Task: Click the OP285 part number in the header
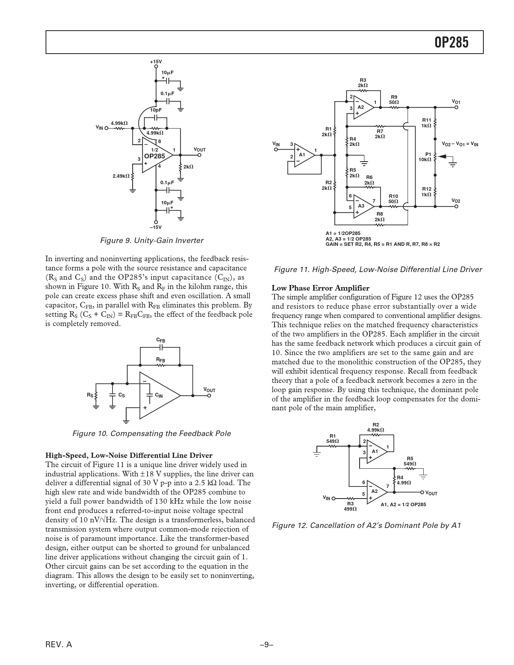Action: click(x=452, y=42)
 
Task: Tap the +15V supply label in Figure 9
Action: click(x=156, y=62)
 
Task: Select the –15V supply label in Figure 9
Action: click(x=156, y=227)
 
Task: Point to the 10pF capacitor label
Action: click(x=156, y=110)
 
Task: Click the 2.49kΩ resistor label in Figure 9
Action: click(x=121, y=176)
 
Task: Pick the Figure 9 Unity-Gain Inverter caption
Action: click(x=152, y=241)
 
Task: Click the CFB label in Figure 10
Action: click(x=161, y=341)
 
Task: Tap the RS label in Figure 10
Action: click(x=90, y=395)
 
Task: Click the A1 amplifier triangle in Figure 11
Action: click(x=303, y=155)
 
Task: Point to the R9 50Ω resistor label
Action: click(x=394, y=100)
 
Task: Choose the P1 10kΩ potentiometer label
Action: click(x=426, y=157)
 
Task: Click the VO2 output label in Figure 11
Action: click(x=456, y=201)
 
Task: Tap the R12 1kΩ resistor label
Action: click(x=427, y=191)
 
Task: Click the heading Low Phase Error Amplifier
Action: click(x=320, y=288)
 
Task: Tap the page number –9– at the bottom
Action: click(x=266, y=644)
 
